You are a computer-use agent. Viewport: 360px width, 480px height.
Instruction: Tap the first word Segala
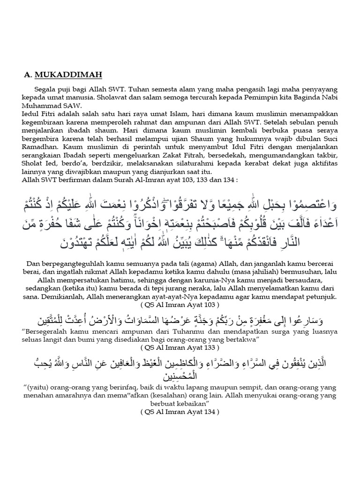click(x=45, y=89)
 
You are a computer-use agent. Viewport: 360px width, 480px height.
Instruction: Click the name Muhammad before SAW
click(x=41, y=105)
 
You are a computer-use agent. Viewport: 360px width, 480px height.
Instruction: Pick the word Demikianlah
click(x=67, y=297)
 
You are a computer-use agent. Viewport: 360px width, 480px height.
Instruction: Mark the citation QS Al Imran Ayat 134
click(x=180, y=412)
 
